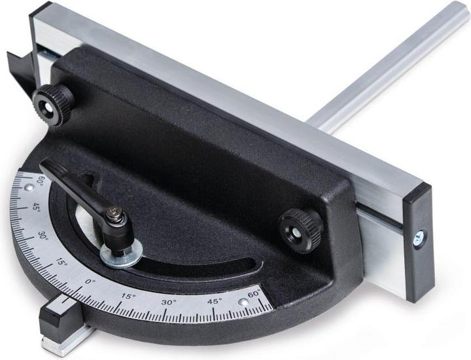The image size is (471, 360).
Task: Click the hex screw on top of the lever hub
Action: pos(116,211)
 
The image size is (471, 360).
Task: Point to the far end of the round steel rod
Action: pos(458,14)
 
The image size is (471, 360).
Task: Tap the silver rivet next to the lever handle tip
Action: pos(29,189)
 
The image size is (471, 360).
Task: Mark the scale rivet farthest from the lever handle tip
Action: pos(243,302)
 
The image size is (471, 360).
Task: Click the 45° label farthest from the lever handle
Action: pos(214,301)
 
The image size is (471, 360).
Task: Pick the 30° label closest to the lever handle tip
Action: pos(44,235)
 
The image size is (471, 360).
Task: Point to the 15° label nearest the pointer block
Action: pos(128,296)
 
